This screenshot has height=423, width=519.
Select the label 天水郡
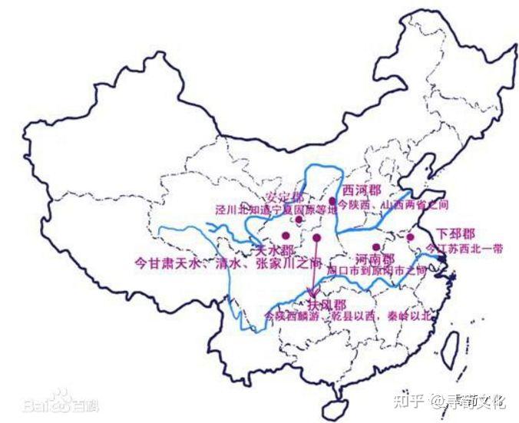[275, 251]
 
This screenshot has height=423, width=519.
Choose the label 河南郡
[375, 259]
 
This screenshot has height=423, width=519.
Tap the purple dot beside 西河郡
[332, 201]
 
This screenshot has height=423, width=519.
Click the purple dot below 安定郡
[299, 220]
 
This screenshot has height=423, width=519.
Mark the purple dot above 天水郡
[286, 236]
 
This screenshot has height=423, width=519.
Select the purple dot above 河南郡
[375, 247]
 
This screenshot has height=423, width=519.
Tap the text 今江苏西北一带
[465, 249]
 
